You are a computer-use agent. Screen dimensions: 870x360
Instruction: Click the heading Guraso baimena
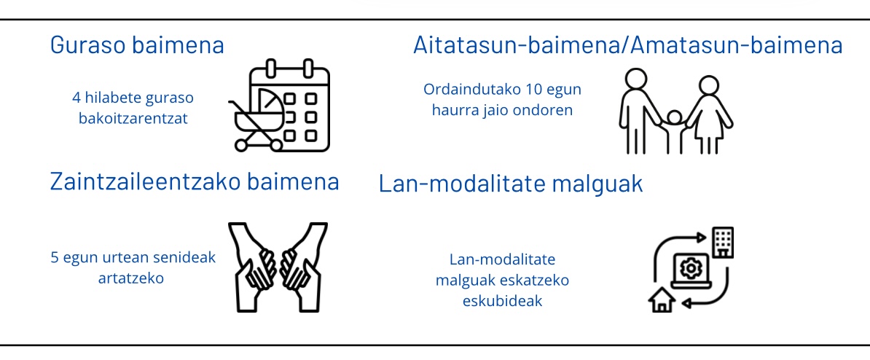pyautogui.click(x=137, y=45)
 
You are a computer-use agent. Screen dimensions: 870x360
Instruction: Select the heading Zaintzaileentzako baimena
pyautogui.click(x=195, y=181)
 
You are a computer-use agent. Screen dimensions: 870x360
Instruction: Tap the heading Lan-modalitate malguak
pyautogui.click(x=511, y=184)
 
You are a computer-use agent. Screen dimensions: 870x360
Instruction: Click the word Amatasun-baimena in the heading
pyautogui.click(x=737, y=45)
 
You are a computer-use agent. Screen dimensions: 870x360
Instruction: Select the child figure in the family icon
pyautogui.click(x=674, y=131)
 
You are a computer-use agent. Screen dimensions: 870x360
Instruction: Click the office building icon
pyautogui.click(x=723, y=243)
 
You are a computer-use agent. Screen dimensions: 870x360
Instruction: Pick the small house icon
pyautogui.click(x=662, y=300)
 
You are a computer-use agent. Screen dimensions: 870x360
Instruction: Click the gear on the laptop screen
pyautogui.click(x=691, y=269)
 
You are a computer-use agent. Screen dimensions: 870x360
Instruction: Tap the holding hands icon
pyautogui.click(x=278, y=267)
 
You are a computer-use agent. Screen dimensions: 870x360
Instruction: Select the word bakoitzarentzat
pyautogui.click(x=133, y=118)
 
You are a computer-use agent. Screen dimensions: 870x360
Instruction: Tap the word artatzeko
pyautogui.click(x=131, y=278)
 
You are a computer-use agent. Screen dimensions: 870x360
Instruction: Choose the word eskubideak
pyautogui.click(x=502, y=301)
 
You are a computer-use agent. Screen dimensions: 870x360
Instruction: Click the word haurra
pyautogui.click(x=450, y=110)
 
